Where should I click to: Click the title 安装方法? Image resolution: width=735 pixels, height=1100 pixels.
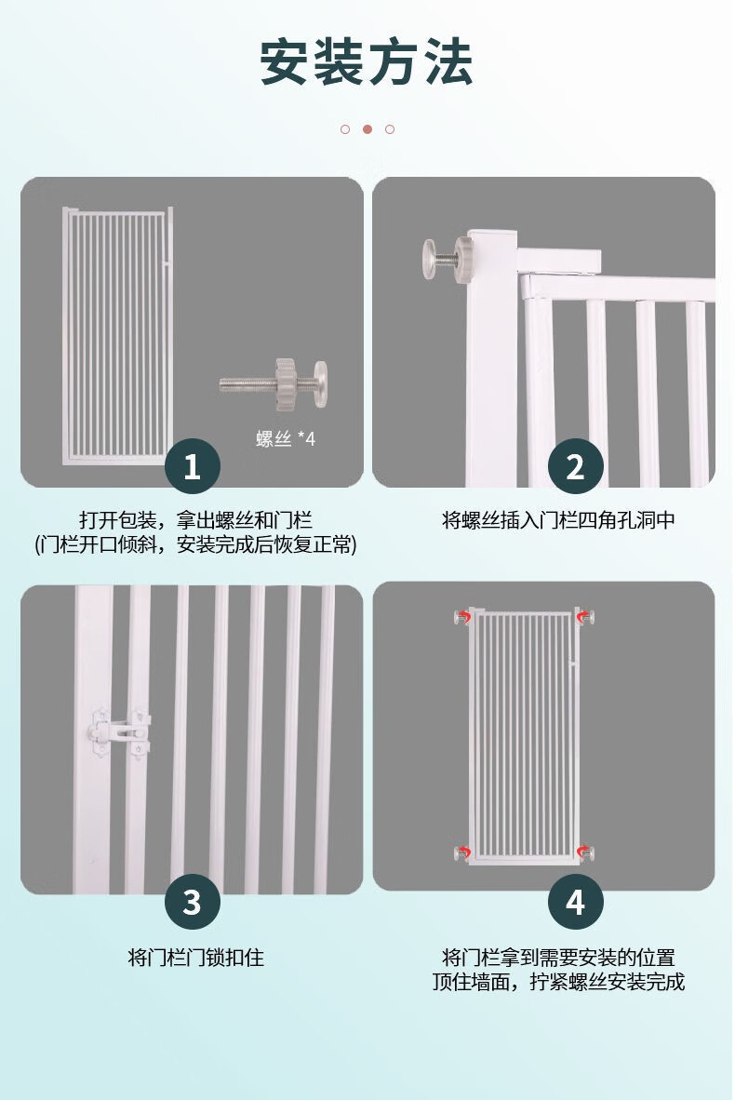(367, 62)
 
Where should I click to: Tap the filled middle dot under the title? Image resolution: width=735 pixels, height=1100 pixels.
(367, 129)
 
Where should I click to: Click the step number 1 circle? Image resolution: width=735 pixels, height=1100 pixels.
(193, 466)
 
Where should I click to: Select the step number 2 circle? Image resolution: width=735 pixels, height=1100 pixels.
(575, 466)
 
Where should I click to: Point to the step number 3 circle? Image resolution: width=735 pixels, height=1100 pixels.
(193, 902)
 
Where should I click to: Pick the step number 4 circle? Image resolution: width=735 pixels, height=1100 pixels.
(575, 902)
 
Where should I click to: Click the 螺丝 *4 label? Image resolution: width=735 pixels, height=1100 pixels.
(286, 439)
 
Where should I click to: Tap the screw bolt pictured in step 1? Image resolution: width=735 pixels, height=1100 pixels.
(274, 383)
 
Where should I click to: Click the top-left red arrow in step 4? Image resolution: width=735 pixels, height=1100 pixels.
(463, 617)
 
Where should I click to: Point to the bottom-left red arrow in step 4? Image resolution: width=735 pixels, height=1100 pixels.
(463, 853)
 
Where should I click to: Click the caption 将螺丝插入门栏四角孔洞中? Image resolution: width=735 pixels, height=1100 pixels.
(558, 520)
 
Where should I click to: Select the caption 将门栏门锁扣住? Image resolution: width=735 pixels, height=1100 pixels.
(195, 958)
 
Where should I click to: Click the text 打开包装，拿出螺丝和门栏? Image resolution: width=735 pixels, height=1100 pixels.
(195, 520)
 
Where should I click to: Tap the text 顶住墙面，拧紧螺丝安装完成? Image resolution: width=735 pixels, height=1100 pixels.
(558, 982)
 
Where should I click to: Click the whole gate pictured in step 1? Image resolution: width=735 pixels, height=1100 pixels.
(118, 336)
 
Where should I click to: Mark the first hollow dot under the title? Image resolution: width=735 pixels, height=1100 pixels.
(345, 129)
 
